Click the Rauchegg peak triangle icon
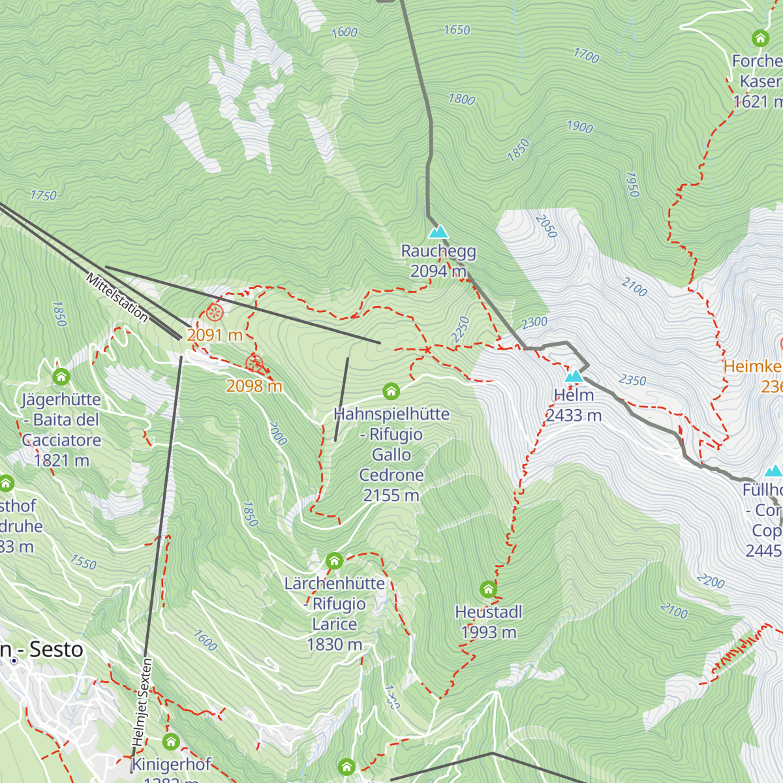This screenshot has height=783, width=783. click(x=438, y=232)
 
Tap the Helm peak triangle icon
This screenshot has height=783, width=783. click(x=574, y=376)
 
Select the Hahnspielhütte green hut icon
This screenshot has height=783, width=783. click(x=391, y=391)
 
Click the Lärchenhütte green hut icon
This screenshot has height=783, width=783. click(x=334, y=560)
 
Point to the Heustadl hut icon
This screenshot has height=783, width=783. click(x=488, y=590)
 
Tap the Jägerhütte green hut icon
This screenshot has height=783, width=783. click(x=61, y=377)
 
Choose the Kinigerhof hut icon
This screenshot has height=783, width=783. click(x=171, y=742)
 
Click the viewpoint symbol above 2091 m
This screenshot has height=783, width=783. click(x=215, y=313)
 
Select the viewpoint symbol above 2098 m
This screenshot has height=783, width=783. click(x=254, y=363)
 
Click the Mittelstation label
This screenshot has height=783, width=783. click(x=117, y=298)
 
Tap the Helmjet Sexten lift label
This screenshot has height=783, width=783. click(x=142, y=703)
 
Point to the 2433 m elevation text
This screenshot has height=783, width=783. click(x=574, y=415)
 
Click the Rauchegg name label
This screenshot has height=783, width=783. click(x=438, y=251)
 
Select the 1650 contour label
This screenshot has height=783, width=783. click(x=457, y=30)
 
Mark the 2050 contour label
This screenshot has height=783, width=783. click(x=546, y=226)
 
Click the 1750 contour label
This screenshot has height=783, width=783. click(x=43, y=195)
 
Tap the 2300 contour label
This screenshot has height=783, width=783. click(x=534, y=322)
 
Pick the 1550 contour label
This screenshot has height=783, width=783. click(x=84, y=562)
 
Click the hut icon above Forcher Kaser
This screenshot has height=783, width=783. click(x=760, y=38)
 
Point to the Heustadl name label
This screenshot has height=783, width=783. click(x=489, y=612)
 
